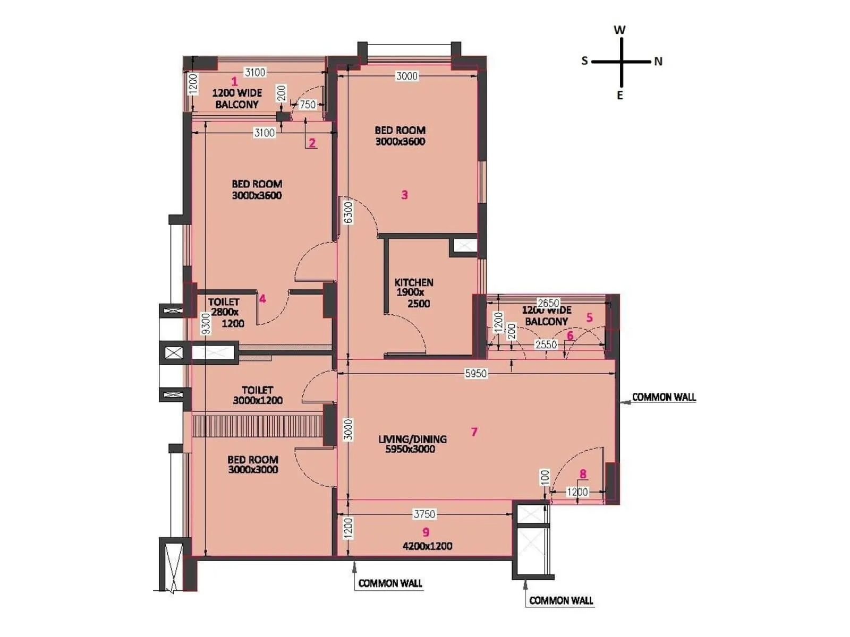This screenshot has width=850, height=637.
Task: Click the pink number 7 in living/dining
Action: tap(474, 432)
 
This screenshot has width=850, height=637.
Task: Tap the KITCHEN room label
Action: tap(414, 282)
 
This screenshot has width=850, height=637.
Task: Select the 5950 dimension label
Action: tap(475, 374)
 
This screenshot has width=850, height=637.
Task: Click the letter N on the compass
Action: tap(658, 62)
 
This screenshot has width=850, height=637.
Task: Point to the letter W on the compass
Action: tap(619, 30)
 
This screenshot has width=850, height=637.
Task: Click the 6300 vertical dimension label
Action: tap(348, 212)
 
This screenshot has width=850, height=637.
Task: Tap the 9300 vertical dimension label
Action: tap(206, 324)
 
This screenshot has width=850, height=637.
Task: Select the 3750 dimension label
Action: tap(424, 514)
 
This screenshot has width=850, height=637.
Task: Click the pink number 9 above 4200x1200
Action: tap(426, 532)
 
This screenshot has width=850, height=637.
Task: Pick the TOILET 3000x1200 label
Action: tap(258, 395)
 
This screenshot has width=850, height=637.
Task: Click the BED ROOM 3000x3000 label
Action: tap(253, 464)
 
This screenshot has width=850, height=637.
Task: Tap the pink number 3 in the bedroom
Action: tap(405, 195)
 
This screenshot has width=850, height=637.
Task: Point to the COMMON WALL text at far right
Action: tap(664, 397)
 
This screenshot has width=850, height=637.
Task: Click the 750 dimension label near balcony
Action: tap(308, 105)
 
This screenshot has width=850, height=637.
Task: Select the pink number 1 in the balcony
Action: tap(234, 82)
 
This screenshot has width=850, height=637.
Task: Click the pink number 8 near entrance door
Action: tap(583, 474)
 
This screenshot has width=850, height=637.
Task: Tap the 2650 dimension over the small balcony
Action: tap(548, 303)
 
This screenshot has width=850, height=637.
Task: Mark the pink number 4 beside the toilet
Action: tap(262, 299)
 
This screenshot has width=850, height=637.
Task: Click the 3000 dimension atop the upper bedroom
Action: tap(406, 76)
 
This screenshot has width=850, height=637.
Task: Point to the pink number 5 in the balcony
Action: tap(589, 317)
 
